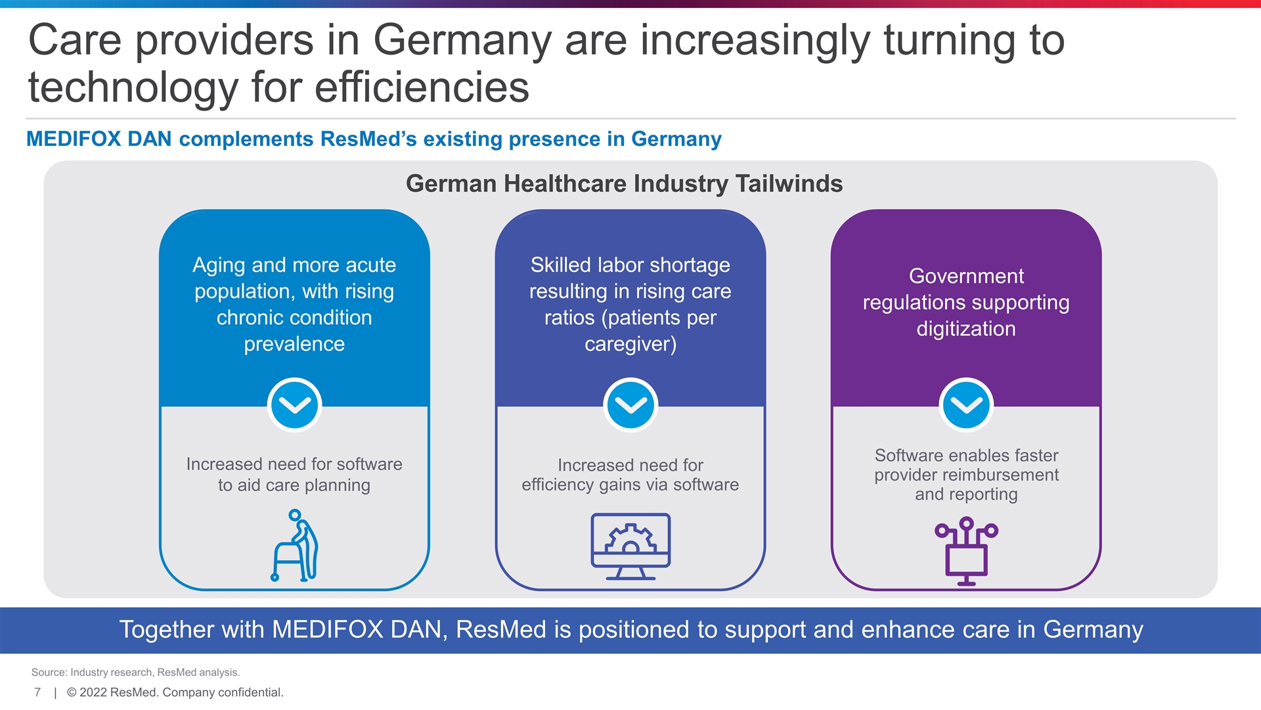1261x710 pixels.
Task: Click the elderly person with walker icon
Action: pos(295,545)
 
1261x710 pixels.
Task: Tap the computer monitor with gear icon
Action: pos(630,546)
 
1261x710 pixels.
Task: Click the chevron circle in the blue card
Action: pos(294,405)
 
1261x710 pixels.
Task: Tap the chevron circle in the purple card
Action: pos(966,405)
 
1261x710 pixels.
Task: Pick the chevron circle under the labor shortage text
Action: pos(630,405)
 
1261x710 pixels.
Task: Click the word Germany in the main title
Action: pos(462,41)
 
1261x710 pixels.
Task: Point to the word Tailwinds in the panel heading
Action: pos(789,183)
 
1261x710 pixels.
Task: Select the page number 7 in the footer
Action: pos(37,692)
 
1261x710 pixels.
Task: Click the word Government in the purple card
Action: pos(966,276)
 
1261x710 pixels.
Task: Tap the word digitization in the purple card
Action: pos(966,329)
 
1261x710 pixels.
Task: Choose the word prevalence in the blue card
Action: pos(294,344)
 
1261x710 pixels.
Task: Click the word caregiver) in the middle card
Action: pos(630,344)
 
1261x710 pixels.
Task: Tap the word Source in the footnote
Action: pos(49,673)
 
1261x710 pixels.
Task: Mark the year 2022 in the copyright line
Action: pos(93,692)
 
